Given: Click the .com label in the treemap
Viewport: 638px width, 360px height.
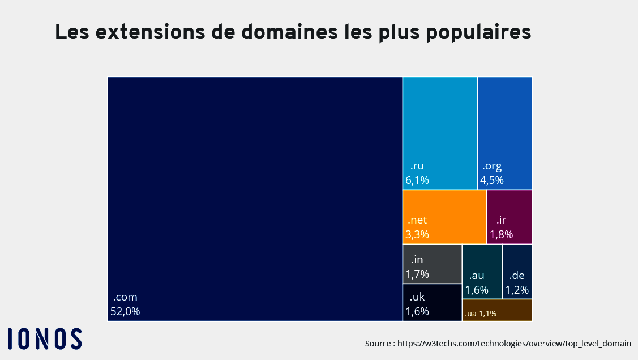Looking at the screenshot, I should [x=125, y=297].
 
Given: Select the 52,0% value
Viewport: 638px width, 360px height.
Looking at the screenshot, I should [x=125, y=311].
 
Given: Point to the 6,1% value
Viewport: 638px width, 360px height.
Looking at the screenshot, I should [x=417, y=181].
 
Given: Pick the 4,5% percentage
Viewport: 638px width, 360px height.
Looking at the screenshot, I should [x=492, y=181].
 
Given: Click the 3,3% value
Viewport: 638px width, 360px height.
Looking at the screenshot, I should [x=417, y=234].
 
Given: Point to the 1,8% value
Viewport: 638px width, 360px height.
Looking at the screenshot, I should [x=501, y=234].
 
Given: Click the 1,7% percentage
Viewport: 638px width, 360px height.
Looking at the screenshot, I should [x=417, y=274].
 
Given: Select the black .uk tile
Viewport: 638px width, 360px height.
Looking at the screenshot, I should [x=432, y=302].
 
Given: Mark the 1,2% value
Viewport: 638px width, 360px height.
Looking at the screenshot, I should [x=517, y=290].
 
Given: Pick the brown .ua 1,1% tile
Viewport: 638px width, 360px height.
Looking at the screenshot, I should [x=497, y=310].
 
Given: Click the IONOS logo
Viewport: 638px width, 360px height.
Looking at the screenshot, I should [x=45, y=338].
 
